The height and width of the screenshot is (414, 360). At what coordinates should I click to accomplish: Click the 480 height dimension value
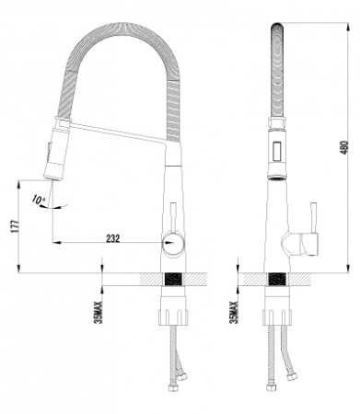coord(345,147)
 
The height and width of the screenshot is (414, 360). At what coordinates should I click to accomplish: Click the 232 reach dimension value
coord(113,238)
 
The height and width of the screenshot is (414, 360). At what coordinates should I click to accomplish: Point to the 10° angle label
coord(38,200)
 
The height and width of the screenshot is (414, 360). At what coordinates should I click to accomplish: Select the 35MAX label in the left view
coord(99,311)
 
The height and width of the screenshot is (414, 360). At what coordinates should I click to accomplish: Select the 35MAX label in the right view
coord(234,312)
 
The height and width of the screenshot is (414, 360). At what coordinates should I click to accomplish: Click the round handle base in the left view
coord(173,244)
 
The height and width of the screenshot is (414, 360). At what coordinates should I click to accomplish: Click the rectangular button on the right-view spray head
coord(277,151)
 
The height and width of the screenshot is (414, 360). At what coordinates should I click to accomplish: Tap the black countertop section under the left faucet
coord(173,280)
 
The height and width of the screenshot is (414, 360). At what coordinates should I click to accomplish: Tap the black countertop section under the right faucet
coord(277,280)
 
